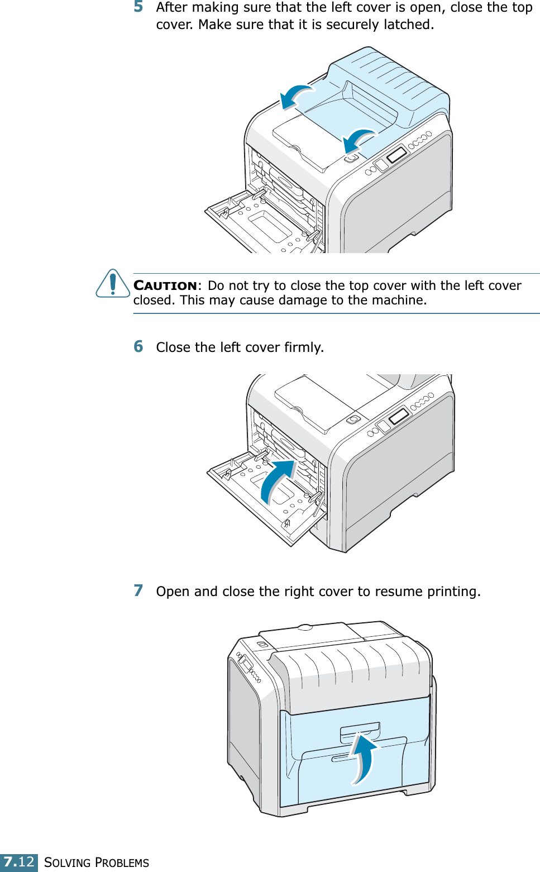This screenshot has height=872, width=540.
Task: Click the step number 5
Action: pos(138,7)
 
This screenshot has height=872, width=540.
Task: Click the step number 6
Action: pos(138,346)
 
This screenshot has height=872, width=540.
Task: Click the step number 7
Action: pos(138,590)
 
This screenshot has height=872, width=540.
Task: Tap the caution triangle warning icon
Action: pos(113,284)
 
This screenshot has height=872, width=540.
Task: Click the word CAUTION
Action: pos(165,285)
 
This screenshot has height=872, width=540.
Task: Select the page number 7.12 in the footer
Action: pos(19,862)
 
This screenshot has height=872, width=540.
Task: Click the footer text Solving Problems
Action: pos(97,863)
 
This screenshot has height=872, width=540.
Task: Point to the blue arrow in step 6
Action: pos(277,480)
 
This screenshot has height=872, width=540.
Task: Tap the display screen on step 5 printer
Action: pos(396,155)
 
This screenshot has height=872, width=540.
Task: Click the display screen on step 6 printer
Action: pos(399,416)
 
